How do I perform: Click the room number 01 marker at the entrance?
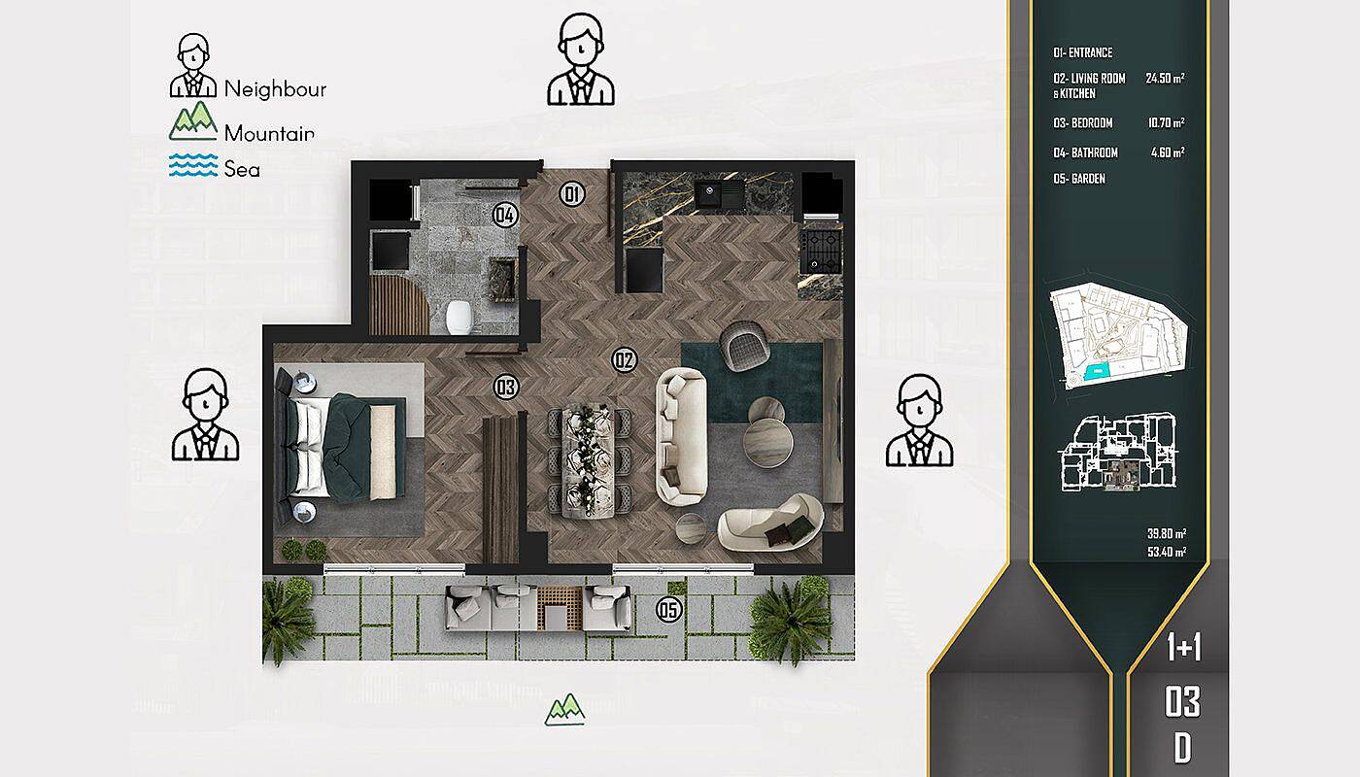tap(571, 193)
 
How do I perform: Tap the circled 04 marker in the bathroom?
tap(505, 215)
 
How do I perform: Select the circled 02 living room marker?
tap(624, 360)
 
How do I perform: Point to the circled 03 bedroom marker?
tap(506, 387)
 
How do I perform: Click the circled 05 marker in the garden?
tap(669, 610)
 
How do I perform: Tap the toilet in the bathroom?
tap(459, 317)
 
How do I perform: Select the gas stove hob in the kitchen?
tap(820, 251)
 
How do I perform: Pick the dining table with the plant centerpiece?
tap(588, 461)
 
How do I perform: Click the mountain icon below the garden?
tap(564, 710)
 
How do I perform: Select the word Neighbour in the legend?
tap(275, 89)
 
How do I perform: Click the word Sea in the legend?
tap(242, 169)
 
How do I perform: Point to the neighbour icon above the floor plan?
tap(581, 59)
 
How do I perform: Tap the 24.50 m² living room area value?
tap(1165, 78)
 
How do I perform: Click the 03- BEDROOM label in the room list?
tap(1083, 122)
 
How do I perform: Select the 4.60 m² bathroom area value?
tap(1168, 152)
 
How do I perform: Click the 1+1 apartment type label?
tap(1184, 647)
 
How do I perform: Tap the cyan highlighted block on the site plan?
tap(1092, 373)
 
